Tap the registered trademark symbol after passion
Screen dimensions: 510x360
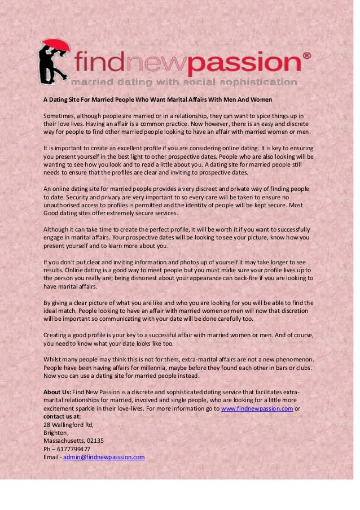point(306,56)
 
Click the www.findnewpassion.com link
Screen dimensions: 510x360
point(257,409)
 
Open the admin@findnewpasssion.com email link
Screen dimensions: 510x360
point(104,457)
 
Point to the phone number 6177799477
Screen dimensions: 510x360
point(72,449)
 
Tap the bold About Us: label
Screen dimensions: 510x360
point(57,393)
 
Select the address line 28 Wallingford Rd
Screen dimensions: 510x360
point(68,425)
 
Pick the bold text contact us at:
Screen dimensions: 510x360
point(62,417)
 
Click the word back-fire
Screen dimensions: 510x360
point(249,278)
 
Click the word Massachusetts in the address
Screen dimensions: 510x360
point(64,441)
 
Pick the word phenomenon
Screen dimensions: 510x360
point(291,359)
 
